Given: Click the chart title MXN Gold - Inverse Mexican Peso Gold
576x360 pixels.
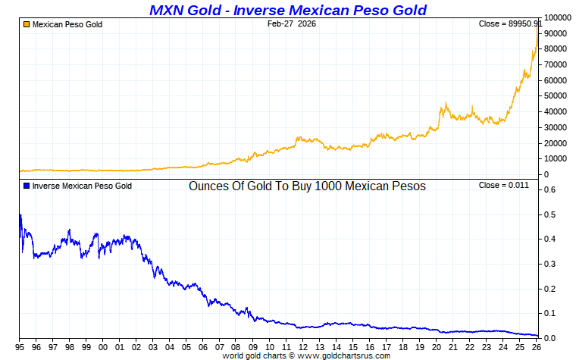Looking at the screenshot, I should (288, 10).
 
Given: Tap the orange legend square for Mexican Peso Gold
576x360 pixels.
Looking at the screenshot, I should (27, 24).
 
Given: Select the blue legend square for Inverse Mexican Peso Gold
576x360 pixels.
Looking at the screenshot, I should (27, 186).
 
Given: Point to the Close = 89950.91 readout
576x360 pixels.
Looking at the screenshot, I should (509, 24).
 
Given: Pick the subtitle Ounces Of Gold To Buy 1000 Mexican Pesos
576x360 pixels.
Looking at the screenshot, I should (307, 186).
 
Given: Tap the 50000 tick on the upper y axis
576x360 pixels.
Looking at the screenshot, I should (556, 95).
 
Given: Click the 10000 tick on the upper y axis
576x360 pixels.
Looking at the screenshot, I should (556, 159).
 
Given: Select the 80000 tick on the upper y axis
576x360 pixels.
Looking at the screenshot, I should (556, 49).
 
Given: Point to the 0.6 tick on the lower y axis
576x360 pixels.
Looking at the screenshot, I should (551, 189).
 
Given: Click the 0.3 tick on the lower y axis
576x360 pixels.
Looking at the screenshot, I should (551, 264).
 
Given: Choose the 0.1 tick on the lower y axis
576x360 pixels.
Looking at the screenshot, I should (551, 313).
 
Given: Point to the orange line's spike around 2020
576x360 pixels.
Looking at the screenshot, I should (446, 103).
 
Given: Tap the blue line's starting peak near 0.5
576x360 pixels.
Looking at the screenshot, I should (20, 215).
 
